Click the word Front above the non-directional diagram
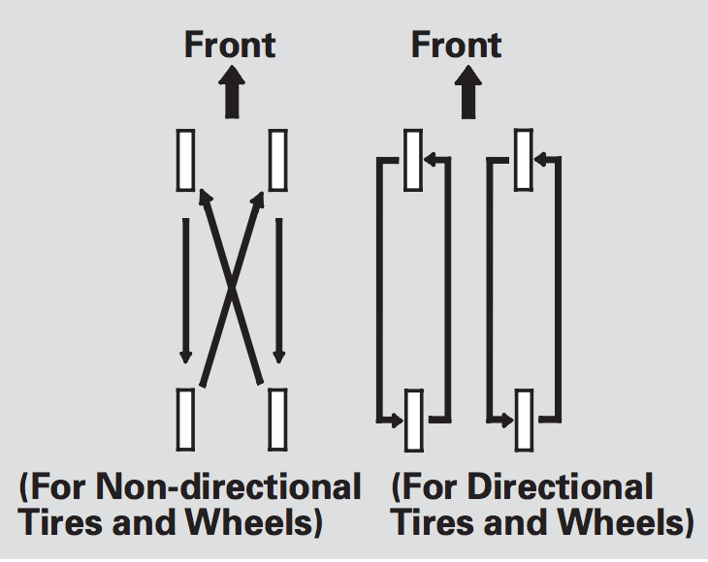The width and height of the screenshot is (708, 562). (x=230, y=45)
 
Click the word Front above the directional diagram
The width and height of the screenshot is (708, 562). (x=457, y=45)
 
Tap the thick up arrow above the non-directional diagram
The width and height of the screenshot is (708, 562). (x=231, y=94)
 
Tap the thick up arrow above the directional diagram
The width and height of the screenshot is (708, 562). (x=469, y=94)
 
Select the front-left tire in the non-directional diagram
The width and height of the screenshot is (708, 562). (x=186, y=159)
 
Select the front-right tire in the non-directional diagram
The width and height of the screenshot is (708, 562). (x=277, y=159)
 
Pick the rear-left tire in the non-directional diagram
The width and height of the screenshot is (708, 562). (x=186, y=418)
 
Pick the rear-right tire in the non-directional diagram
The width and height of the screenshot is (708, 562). (x=277, y=418)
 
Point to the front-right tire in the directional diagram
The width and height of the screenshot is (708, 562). (x=525, y=159)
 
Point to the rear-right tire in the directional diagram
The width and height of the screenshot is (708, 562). (x=525, y=418)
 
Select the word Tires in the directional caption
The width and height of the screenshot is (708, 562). (x=431, y=523)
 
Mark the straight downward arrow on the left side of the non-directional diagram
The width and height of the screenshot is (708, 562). (x=185, y=291)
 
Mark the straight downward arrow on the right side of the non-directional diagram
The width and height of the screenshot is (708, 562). (x=278, y=291)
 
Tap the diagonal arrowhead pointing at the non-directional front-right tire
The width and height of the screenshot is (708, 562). (x=259, y=199)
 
